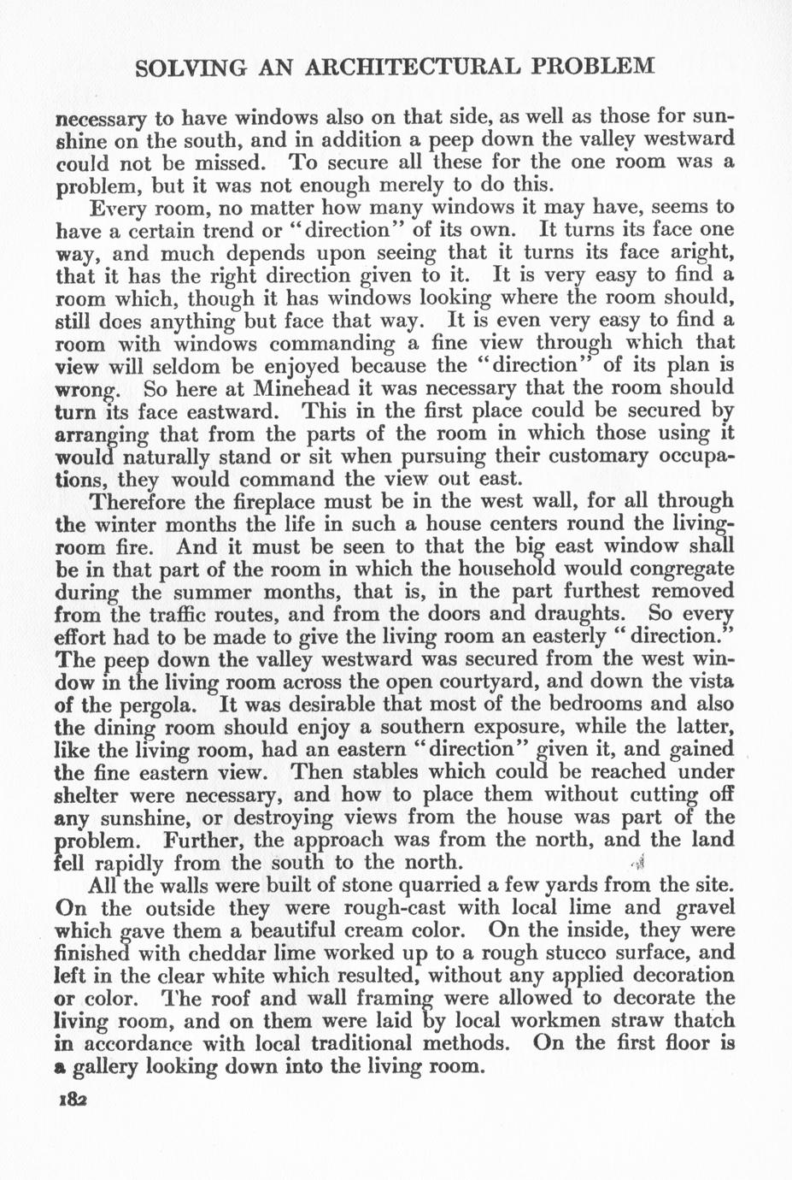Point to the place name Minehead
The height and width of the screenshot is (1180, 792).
pyautogui.click(x=297, y=387)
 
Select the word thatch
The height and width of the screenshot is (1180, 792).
pyautogui.click(x=697, y=1021)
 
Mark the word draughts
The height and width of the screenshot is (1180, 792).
pyautogui.click(x=583, y=614)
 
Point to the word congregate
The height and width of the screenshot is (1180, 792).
pyautogui.click(x=674, y=568)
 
